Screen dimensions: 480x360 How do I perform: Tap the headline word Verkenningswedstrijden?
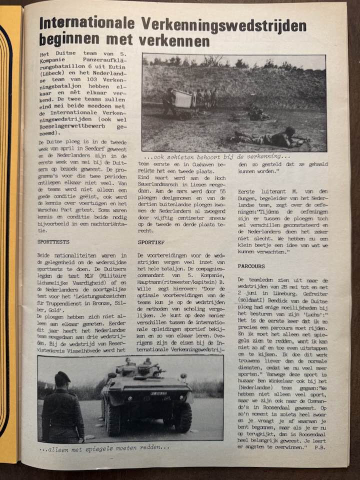(x=223, y=23)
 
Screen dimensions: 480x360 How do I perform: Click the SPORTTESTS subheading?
(x=53, y=241)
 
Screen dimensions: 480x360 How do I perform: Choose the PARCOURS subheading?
(x=251, y=266)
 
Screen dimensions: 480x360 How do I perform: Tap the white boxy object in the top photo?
(x=183, y=98)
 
